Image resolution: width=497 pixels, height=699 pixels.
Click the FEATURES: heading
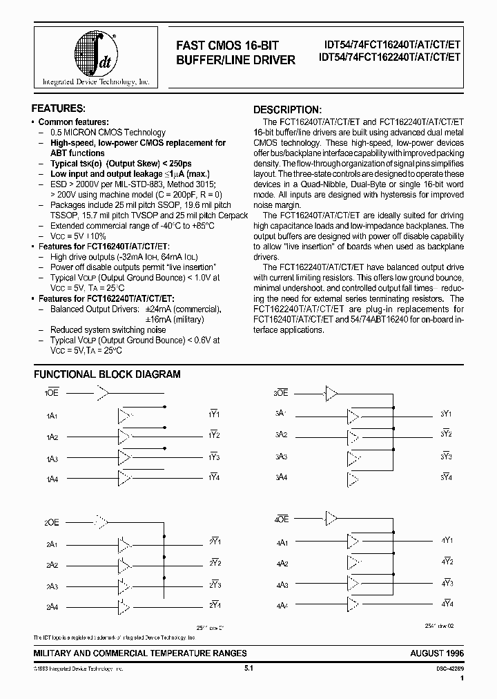point(59,109)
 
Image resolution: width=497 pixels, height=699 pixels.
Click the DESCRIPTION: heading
point(286,110)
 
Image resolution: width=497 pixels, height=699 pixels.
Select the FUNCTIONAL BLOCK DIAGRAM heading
point(107,374)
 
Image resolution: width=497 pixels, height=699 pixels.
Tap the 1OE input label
point(52,394)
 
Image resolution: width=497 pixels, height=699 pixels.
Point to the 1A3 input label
point(52,459)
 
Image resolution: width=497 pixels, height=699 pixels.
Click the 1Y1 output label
point(213,414)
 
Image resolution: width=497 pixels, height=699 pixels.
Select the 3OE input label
point(280,393)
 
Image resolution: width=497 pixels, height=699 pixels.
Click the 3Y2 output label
point(446,435)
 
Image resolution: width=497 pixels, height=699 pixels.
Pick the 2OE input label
point(52,521)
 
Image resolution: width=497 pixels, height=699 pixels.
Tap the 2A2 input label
point(52,564)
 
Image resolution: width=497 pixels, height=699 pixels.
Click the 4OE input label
point(282,519)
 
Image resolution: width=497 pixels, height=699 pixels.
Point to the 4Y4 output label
point(447,604)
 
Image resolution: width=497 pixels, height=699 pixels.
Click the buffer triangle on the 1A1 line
point(125,416)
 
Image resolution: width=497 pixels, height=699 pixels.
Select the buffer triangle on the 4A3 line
point(353,584)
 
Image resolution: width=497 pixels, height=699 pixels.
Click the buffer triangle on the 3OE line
point(332,394)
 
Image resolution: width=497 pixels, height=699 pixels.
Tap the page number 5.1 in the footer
point(249,669)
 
